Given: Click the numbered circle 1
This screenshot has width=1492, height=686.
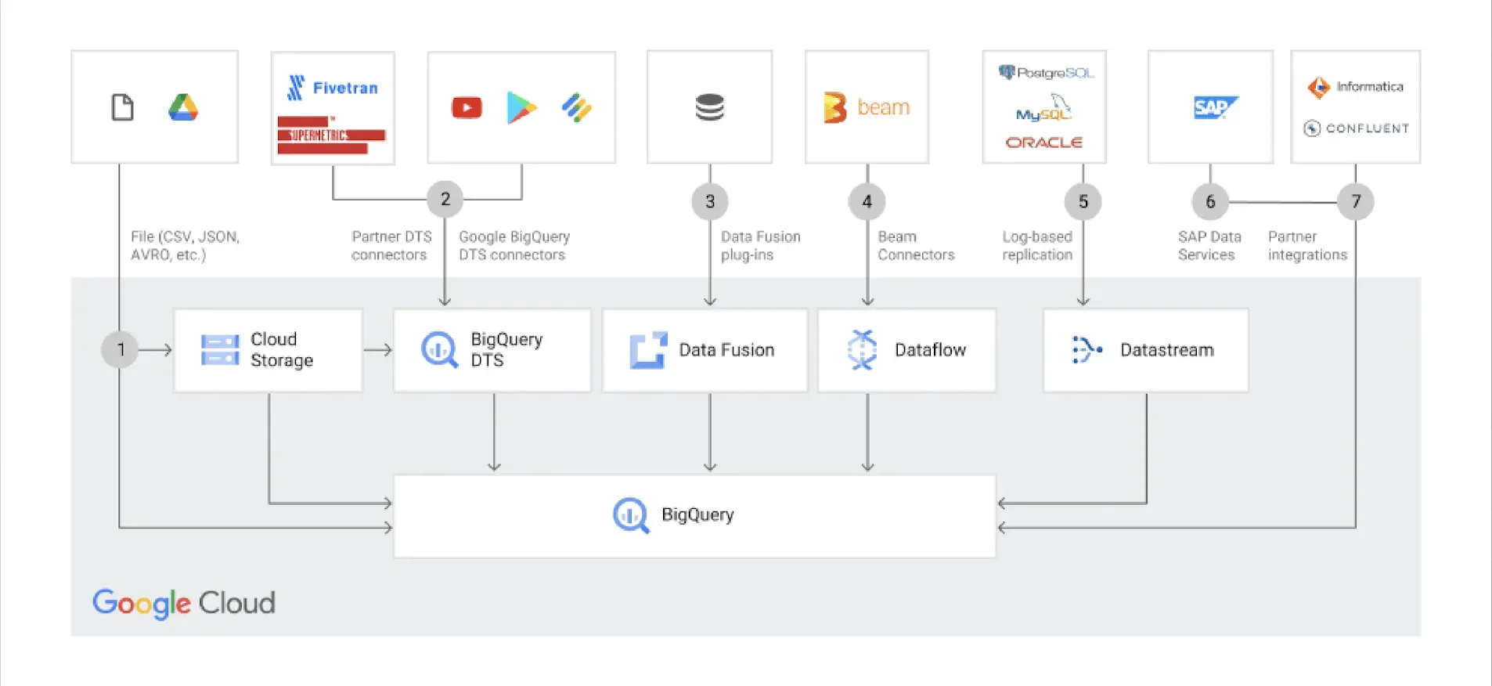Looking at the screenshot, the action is click(x=120, y=349).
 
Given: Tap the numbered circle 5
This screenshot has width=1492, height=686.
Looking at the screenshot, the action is click(x=1083, y=201).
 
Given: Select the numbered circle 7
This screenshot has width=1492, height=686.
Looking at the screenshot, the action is click(x=1355, y=201).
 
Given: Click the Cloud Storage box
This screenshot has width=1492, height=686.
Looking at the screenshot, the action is click(x=268, y=350).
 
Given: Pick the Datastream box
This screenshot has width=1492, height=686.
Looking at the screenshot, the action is click(x=1145, y=350).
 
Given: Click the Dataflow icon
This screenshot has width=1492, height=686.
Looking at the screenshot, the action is click(x=862, y=349).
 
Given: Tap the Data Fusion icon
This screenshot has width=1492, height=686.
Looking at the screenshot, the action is click(x=648, y=350).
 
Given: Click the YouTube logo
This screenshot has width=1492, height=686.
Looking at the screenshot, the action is click(x=467, y=107).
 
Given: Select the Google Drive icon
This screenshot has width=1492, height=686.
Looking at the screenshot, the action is click(x=183, y=107).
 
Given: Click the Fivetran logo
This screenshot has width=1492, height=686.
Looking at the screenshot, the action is click(x=333, y=88).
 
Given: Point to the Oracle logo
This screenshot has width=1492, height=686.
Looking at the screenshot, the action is click(x=1043, y=143).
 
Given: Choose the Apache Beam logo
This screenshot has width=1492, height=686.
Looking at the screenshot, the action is click(x=867, y=107).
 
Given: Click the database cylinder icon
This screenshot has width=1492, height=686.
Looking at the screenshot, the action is click(x=709, y=107).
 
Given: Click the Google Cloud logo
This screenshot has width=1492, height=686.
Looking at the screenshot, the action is click(x=184, y=603).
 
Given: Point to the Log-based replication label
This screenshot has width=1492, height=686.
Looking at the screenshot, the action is click(x=1037, y=246).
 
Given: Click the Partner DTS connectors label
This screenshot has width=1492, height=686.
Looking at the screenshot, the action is click(x=391, y=246).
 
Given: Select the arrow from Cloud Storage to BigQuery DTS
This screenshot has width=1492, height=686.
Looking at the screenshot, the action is click(x=378, y=350).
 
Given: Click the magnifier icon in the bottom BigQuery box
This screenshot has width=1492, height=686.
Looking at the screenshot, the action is click(x=630, y=515).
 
